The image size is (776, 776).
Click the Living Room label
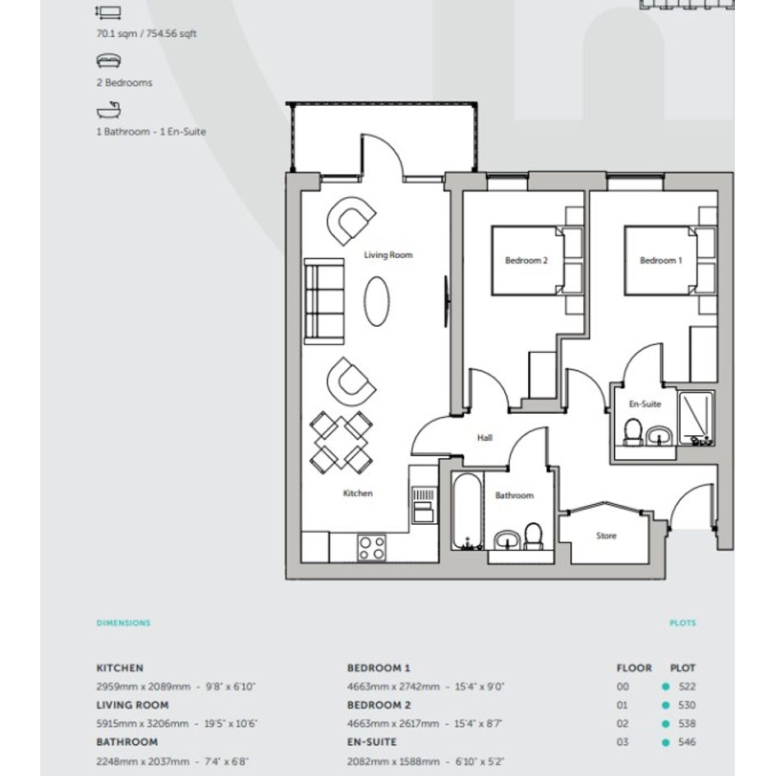[388, 255]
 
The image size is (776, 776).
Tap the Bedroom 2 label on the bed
[526, 260]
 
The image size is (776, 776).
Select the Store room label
[606, 535]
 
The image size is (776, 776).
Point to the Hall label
[484, 438]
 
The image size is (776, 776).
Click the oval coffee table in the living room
[377, 301]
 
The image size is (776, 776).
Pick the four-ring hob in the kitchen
[372, 549]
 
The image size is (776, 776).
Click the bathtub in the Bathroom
[466, 512]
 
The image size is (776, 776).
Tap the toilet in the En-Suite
[632, 433]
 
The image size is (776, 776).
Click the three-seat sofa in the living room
[324, 301]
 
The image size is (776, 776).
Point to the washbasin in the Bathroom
[507, 540]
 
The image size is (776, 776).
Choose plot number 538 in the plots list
[687, 723]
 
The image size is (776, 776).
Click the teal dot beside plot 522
[666, 686]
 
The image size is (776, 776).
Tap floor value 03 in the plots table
[622, 742]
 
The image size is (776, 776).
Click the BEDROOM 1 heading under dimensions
[379, 668]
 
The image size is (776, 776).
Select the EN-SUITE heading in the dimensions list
[372, 742]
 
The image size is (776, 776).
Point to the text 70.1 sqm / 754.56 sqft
[146, 34]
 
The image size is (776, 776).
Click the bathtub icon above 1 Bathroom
[109, 110]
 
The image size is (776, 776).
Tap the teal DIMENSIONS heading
[123, 623]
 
